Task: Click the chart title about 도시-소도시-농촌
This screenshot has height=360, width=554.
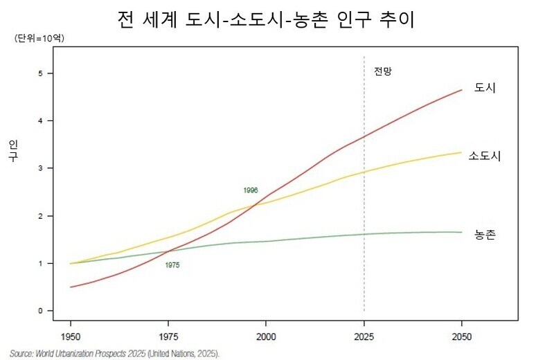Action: [x=267, y=19]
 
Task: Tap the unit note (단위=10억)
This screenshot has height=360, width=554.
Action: [x=39, y=39]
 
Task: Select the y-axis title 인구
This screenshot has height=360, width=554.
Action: [x=13, y=150]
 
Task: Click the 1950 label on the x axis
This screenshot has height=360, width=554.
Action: [x=71, y=337]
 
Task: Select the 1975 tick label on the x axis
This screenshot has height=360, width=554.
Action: [x=168, y=337]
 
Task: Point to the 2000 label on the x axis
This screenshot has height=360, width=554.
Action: [x=266, y=337]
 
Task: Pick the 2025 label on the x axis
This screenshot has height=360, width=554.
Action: [x=364, y=337]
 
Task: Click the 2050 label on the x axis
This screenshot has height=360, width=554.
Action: [x=461, y=337]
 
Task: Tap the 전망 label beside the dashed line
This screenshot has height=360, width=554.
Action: [x=383, y=71]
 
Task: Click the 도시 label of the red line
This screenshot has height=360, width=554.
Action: [x=485, y=88]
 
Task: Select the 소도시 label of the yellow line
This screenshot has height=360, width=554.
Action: [x=485, y=156]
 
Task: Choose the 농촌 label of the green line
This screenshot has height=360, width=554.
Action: [x=485, y=235]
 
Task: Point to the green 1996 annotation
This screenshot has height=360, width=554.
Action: [x=251, y=190]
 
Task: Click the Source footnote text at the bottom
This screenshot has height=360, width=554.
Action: [x=114, y=354]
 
